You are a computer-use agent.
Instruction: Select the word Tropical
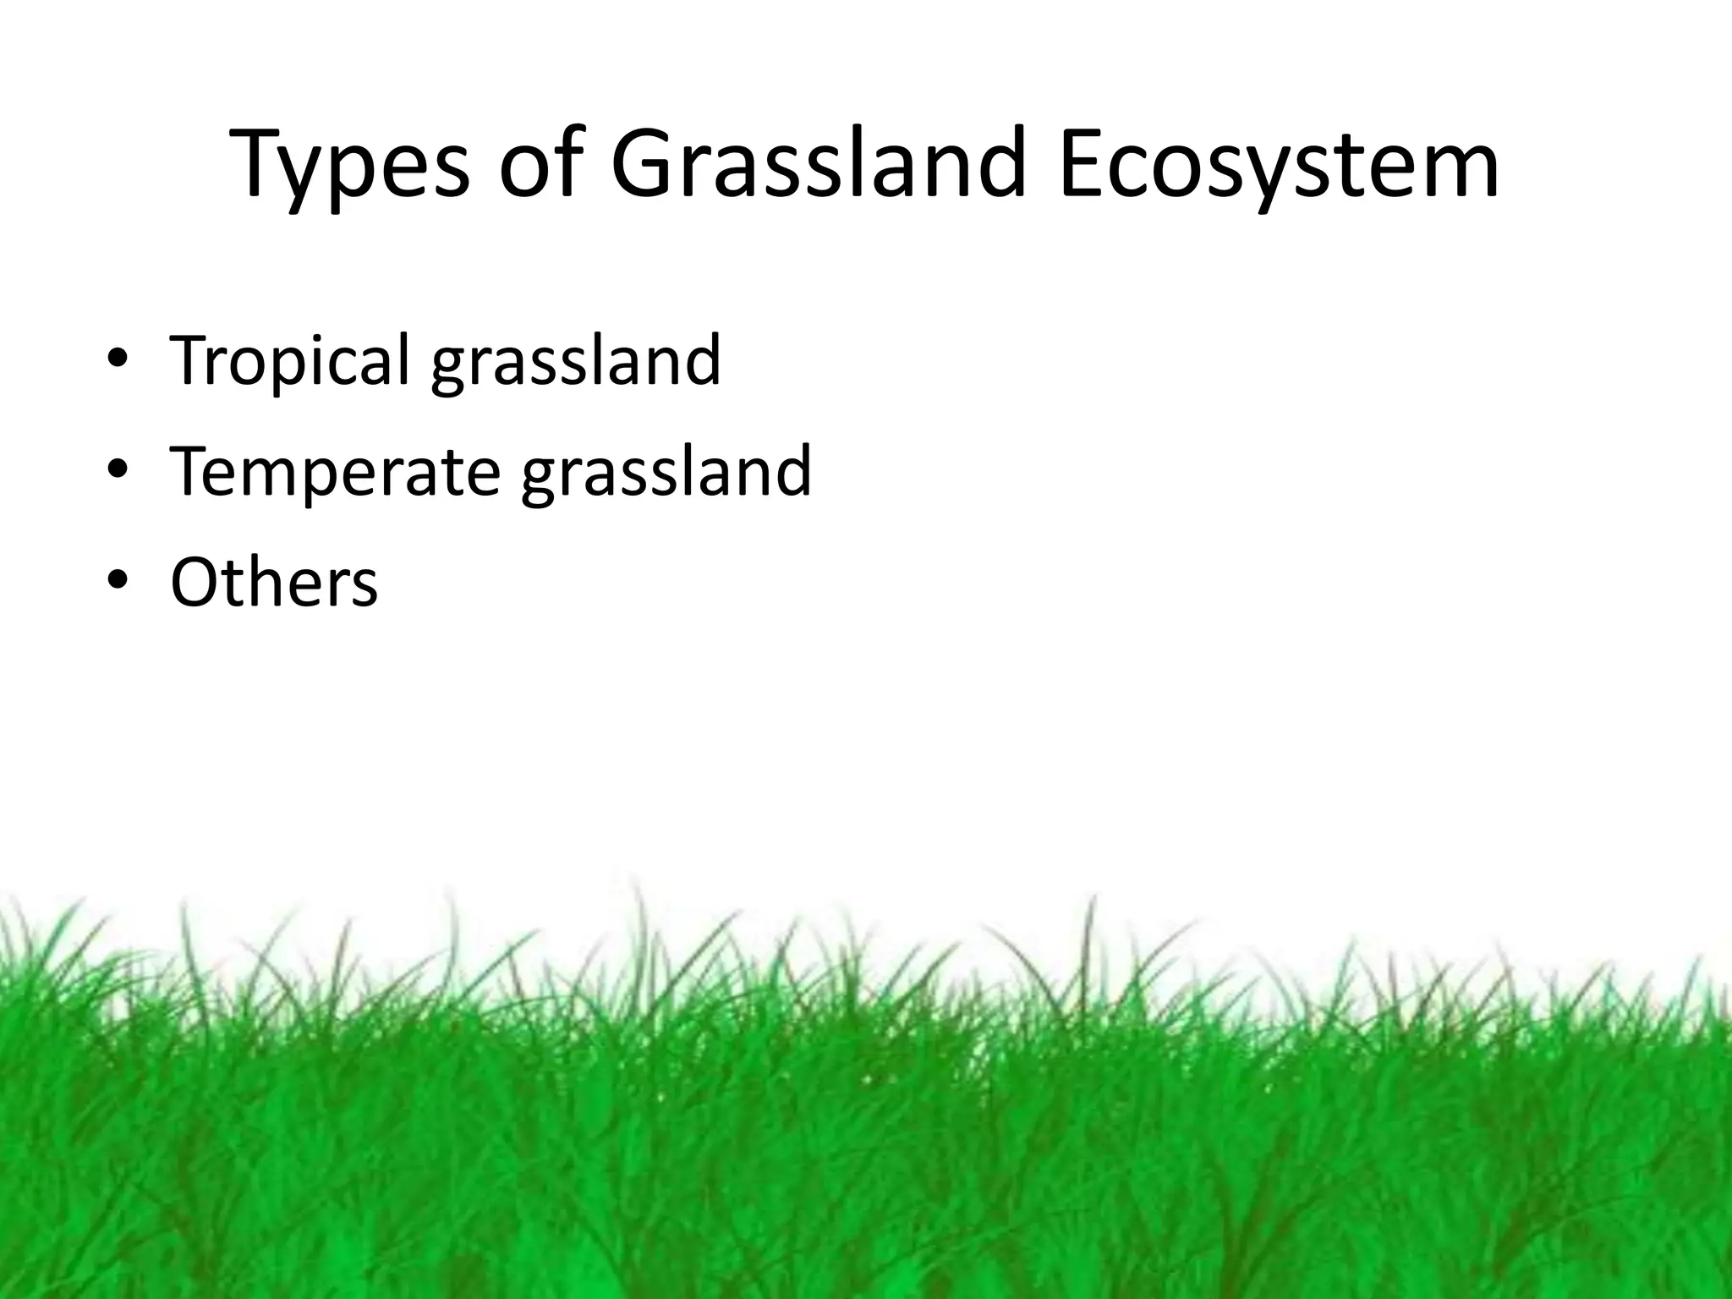click(x=290, y=361)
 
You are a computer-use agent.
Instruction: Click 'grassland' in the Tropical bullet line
click(x=576, y=361)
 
